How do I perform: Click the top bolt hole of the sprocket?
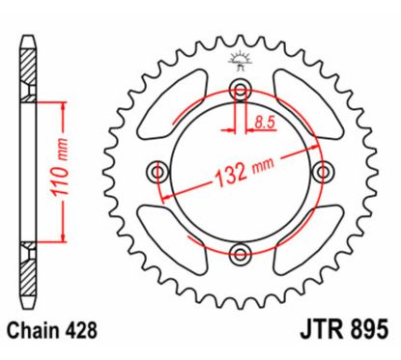[239, 91]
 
